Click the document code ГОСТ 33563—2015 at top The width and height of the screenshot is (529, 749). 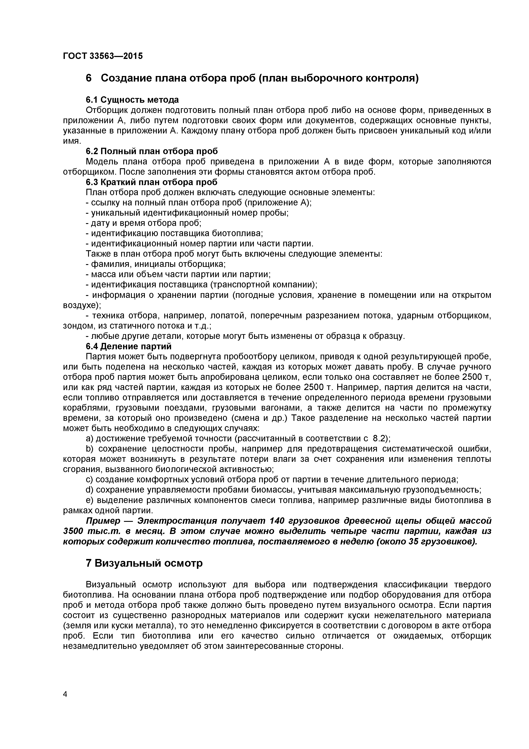[x=103, y=56]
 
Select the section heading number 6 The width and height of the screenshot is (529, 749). [x=89, y=78]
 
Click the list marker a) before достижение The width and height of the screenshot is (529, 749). [x=90, y=438]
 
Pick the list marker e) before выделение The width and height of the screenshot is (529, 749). [x=90, y=500]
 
